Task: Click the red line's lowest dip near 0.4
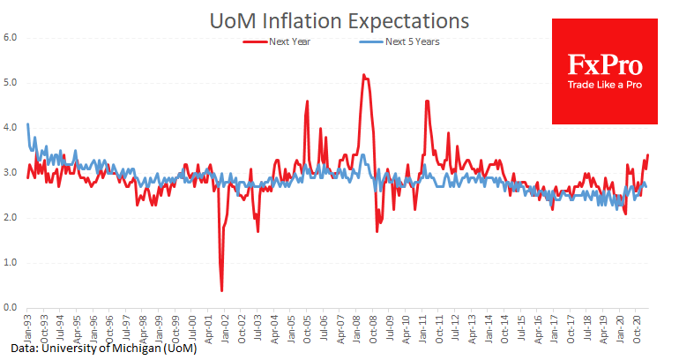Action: click(x=221, y=290)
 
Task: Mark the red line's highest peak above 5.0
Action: click(x=364, y=75)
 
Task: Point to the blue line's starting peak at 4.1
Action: click(x=28, y=124)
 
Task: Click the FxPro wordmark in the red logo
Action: click(x=604, y=65)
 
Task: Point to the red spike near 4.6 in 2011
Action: click(x=427, y=101)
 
